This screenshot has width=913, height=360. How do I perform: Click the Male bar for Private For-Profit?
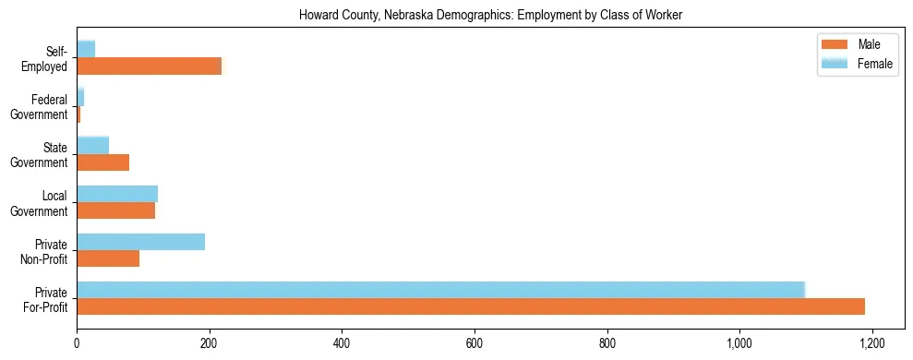[471, 306]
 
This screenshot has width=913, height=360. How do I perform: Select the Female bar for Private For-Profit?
[440, 289]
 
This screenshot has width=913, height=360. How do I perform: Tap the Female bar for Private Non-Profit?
[140, 242]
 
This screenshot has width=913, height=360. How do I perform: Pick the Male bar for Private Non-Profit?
[108, 258]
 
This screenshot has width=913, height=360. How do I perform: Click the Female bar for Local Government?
[117, 194]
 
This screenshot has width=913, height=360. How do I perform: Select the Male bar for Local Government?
[115, 210]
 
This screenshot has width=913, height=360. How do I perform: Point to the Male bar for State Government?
[102, 162]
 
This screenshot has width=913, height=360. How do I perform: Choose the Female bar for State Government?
[92, 145]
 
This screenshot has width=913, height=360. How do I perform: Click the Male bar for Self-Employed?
[149, 66]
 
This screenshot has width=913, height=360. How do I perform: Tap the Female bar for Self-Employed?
[86, 48]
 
